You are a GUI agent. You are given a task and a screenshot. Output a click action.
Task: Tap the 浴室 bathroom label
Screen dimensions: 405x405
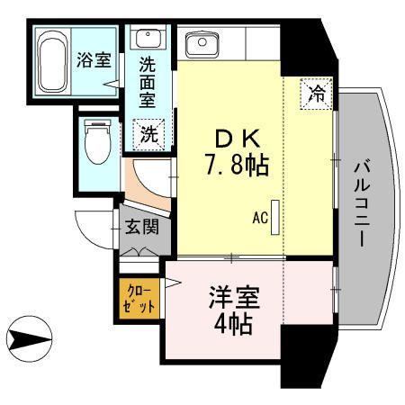[93, 61]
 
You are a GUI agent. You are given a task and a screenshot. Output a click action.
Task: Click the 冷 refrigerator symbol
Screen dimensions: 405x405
[318, 92]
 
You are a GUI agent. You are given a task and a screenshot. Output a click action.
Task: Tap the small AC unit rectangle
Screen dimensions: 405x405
[276, 216]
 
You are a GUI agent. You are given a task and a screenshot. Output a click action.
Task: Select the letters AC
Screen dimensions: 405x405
[260, 217]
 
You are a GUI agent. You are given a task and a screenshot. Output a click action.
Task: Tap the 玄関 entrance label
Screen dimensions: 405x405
[139, 226]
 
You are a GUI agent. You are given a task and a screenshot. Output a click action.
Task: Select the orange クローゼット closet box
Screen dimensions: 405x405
[139, 297]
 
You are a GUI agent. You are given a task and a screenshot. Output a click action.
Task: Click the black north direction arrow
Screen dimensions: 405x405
[27, 340]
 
